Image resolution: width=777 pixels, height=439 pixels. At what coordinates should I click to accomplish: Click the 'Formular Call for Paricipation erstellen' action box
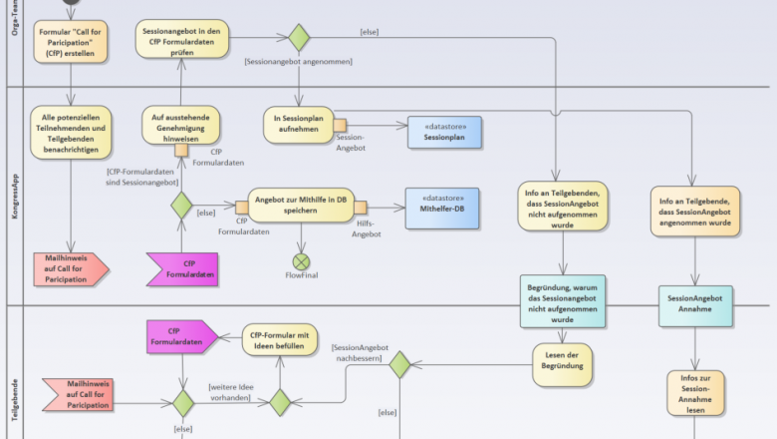pos(72,44)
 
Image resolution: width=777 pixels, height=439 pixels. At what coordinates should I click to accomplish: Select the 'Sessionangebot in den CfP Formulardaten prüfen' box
pos(181,41)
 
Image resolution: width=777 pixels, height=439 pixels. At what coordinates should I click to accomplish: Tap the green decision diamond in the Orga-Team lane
pos(298,38)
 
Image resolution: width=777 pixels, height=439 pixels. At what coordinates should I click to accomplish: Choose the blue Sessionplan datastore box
pos(444,132)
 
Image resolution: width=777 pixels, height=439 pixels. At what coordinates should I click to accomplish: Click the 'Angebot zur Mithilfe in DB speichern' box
pos(299,204)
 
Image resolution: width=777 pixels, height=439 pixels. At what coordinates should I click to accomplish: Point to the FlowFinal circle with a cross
pos(301,261)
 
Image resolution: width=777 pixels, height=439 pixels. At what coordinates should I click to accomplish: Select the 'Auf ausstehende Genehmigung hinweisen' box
pos(180,128)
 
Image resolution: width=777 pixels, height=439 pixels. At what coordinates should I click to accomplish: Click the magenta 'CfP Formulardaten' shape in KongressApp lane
pos(183,267)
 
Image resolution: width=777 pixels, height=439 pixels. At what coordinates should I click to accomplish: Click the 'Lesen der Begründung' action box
pos(564,362)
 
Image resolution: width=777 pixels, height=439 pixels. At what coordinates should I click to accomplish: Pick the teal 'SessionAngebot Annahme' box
pos(694,304)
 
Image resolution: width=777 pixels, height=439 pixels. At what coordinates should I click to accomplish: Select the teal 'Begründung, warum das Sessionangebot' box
pos(564,302)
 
